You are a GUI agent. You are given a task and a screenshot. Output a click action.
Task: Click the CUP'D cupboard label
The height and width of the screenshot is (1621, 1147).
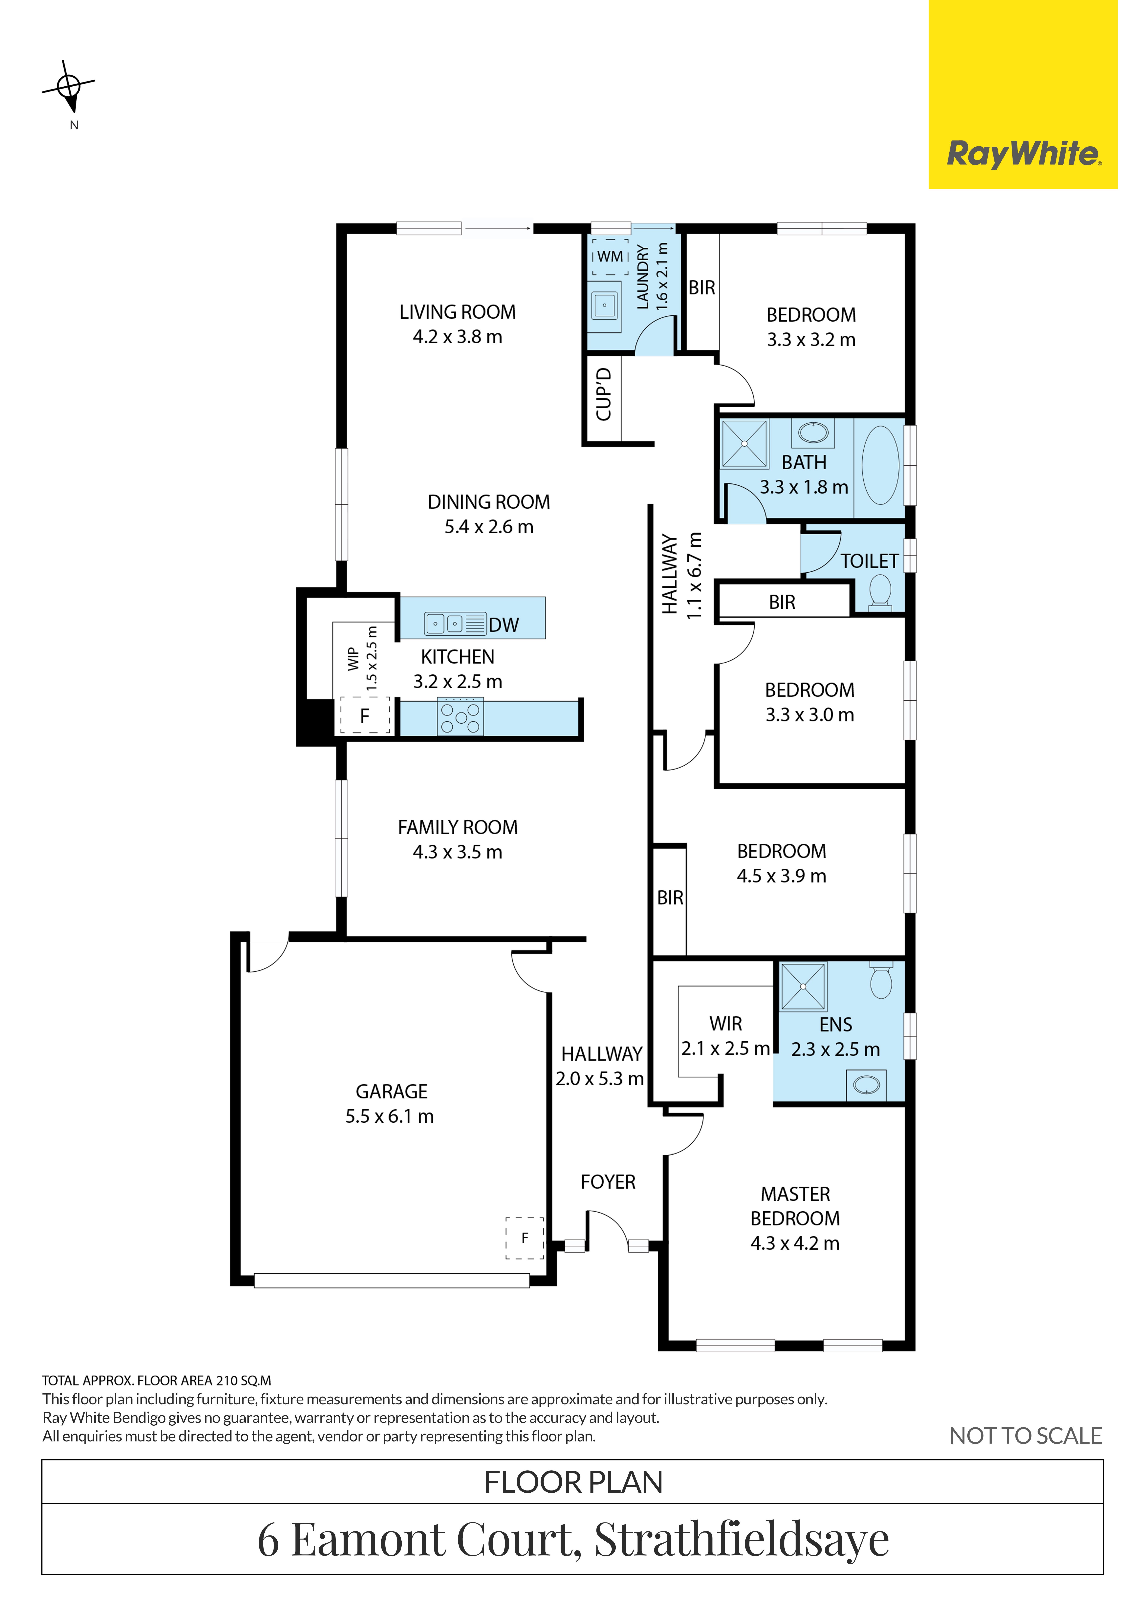click(x=603, y=394)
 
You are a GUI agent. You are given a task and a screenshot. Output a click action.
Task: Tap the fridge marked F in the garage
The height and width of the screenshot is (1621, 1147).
click(x=525, y=1238)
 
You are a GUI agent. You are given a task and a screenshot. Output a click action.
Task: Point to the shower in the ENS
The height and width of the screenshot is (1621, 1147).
click(x=803, y=986)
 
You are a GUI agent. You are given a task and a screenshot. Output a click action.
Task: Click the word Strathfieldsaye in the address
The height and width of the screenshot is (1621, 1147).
click(x=742, y=1539)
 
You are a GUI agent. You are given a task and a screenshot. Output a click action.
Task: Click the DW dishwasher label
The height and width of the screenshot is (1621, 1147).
click(x=504, y=625)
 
